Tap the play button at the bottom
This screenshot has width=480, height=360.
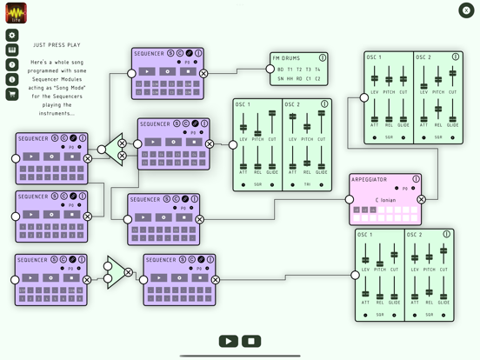click(229, 341)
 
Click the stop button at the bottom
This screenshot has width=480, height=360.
click(251, 341)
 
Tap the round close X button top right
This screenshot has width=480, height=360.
click(466, 10)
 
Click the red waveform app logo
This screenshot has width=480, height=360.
click(16, 12)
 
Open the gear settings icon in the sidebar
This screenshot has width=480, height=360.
click(12, 36)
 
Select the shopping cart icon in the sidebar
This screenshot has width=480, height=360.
click(12, 94)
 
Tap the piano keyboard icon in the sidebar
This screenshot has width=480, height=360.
click(12, 50)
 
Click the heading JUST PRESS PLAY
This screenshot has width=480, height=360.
click(57, 45)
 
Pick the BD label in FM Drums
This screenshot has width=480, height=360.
click(281, 70)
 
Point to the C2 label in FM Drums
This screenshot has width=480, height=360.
click(317, 79)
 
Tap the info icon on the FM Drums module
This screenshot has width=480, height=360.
click(323, 58)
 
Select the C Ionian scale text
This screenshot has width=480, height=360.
click(386, 200)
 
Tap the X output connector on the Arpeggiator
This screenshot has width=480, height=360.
click(422, 200)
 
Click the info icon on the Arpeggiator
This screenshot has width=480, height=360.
click(416, 179)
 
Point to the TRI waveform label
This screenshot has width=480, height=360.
click(307, 184)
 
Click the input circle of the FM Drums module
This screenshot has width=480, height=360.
click(270, 69)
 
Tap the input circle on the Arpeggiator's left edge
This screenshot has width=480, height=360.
click(350, 200)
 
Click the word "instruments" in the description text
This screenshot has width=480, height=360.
click(56, 113)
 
